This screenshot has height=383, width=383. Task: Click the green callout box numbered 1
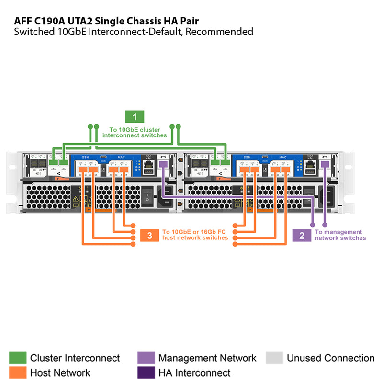click(x=135, y=116)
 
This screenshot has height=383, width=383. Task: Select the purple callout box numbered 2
click(x=302, y=235)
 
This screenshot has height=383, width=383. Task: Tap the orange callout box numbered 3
click(x=150, y=235)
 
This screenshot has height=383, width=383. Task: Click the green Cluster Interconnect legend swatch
click(x=18, y=358)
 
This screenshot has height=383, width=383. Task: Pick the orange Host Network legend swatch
click(x=18, y=372)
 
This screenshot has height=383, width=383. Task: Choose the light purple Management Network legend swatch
click(x=146, y=358)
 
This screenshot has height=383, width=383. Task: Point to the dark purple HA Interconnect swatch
click(x=146, y=372)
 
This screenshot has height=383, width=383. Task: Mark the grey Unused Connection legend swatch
click(x=274, y=358)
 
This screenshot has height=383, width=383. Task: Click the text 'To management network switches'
click(x=340, y=235)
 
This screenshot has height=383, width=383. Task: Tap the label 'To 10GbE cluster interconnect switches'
click(x=135, y=133)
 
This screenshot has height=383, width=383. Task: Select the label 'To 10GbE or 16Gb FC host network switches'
click(x=195, y=235)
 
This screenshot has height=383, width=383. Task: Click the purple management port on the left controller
click(x=163, y=164)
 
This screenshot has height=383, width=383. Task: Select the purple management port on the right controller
click(x=325, y=164)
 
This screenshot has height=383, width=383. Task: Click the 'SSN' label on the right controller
click(x=247, y=157)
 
